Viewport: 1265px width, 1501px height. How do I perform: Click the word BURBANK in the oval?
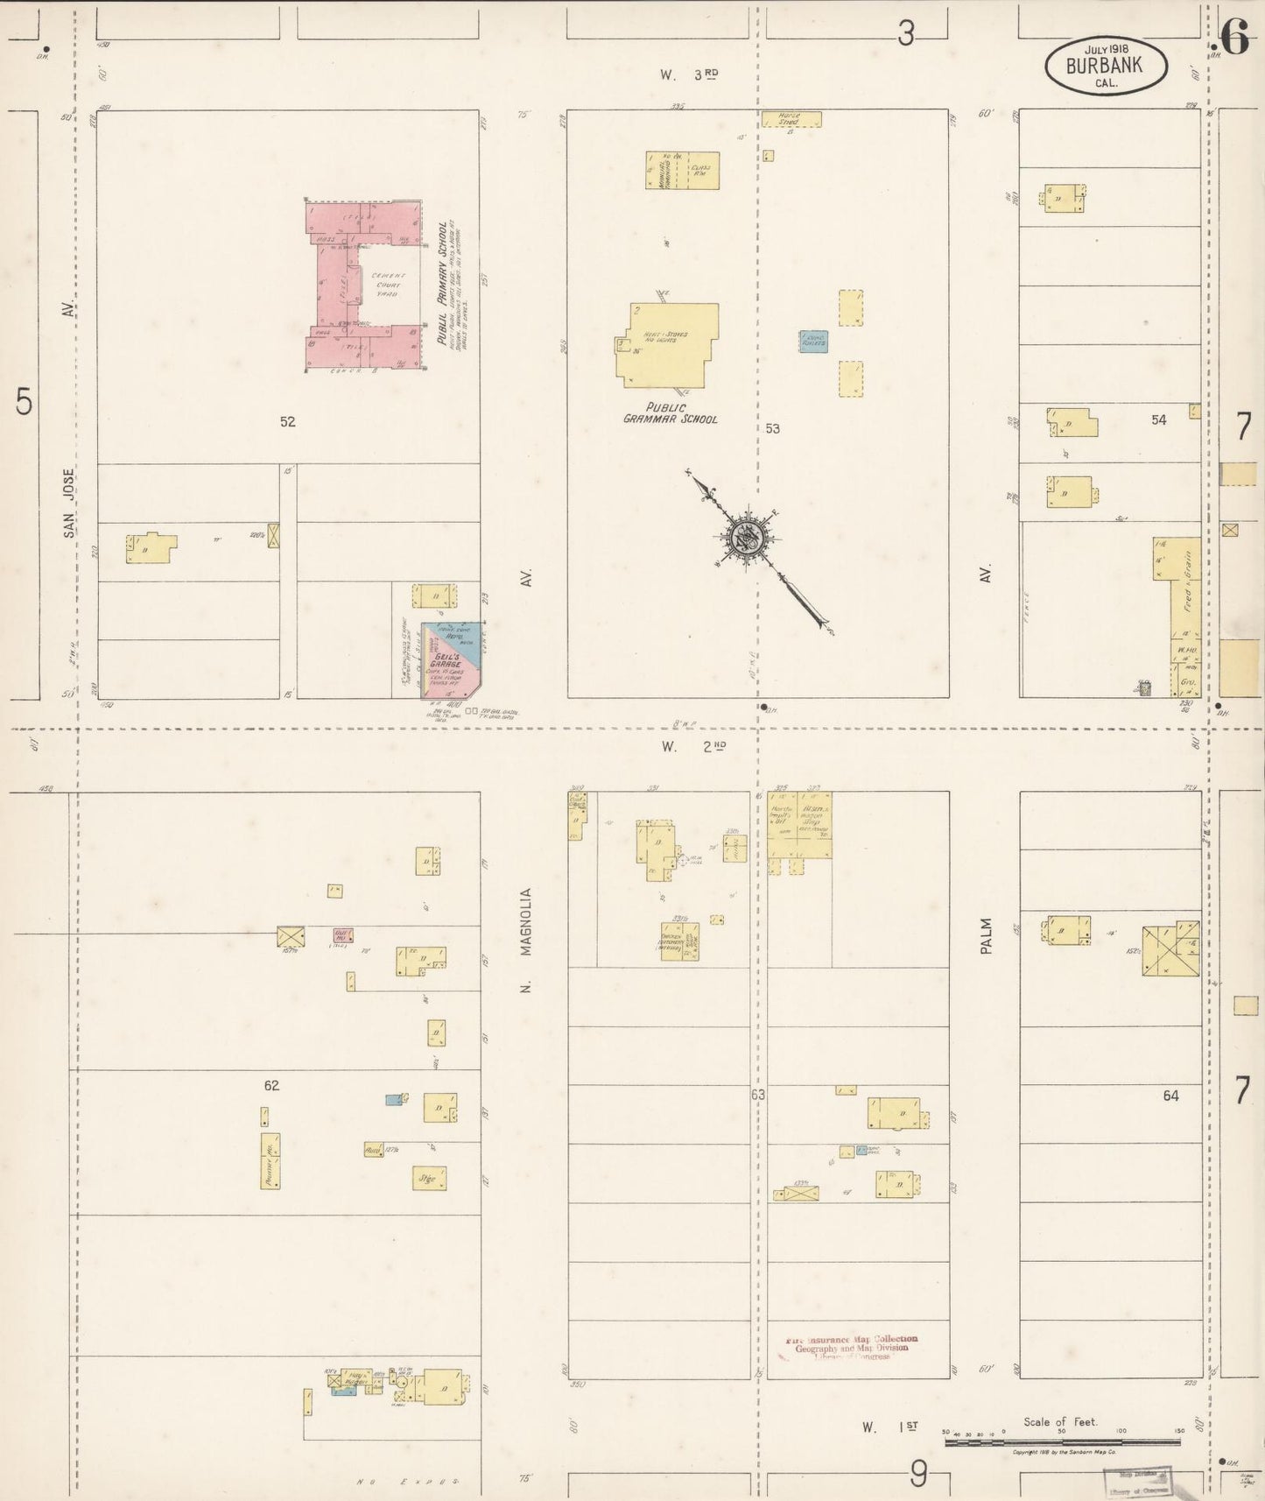point(1105,65)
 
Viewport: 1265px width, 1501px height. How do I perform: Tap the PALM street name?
point(987,935)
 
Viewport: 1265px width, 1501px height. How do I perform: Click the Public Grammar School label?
point(670,413)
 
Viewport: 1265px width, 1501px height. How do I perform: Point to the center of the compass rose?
point(747,537)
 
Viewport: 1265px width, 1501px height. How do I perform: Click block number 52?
point(287,422)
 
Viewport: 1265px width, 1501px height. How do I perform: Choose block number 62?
point(271,1086)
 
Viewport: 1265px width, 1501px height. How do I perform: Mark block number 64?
point(1170,1096)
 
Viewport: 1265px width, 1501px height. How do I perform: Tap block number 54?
point(1158,420)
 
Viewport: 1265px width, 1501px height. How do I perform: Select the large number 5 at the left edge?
point(24,403)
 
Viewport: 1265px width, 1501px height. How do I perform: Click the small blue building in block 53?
point(813,341)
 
